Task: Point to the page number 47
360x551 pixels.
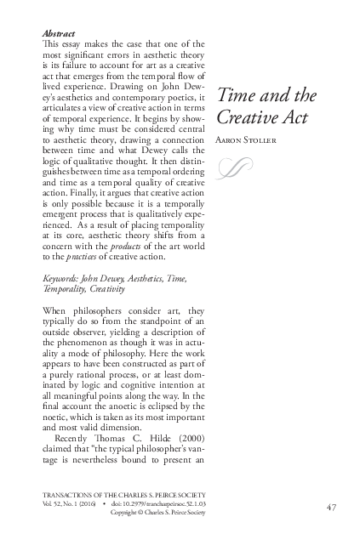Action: (x=333, y=508)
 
